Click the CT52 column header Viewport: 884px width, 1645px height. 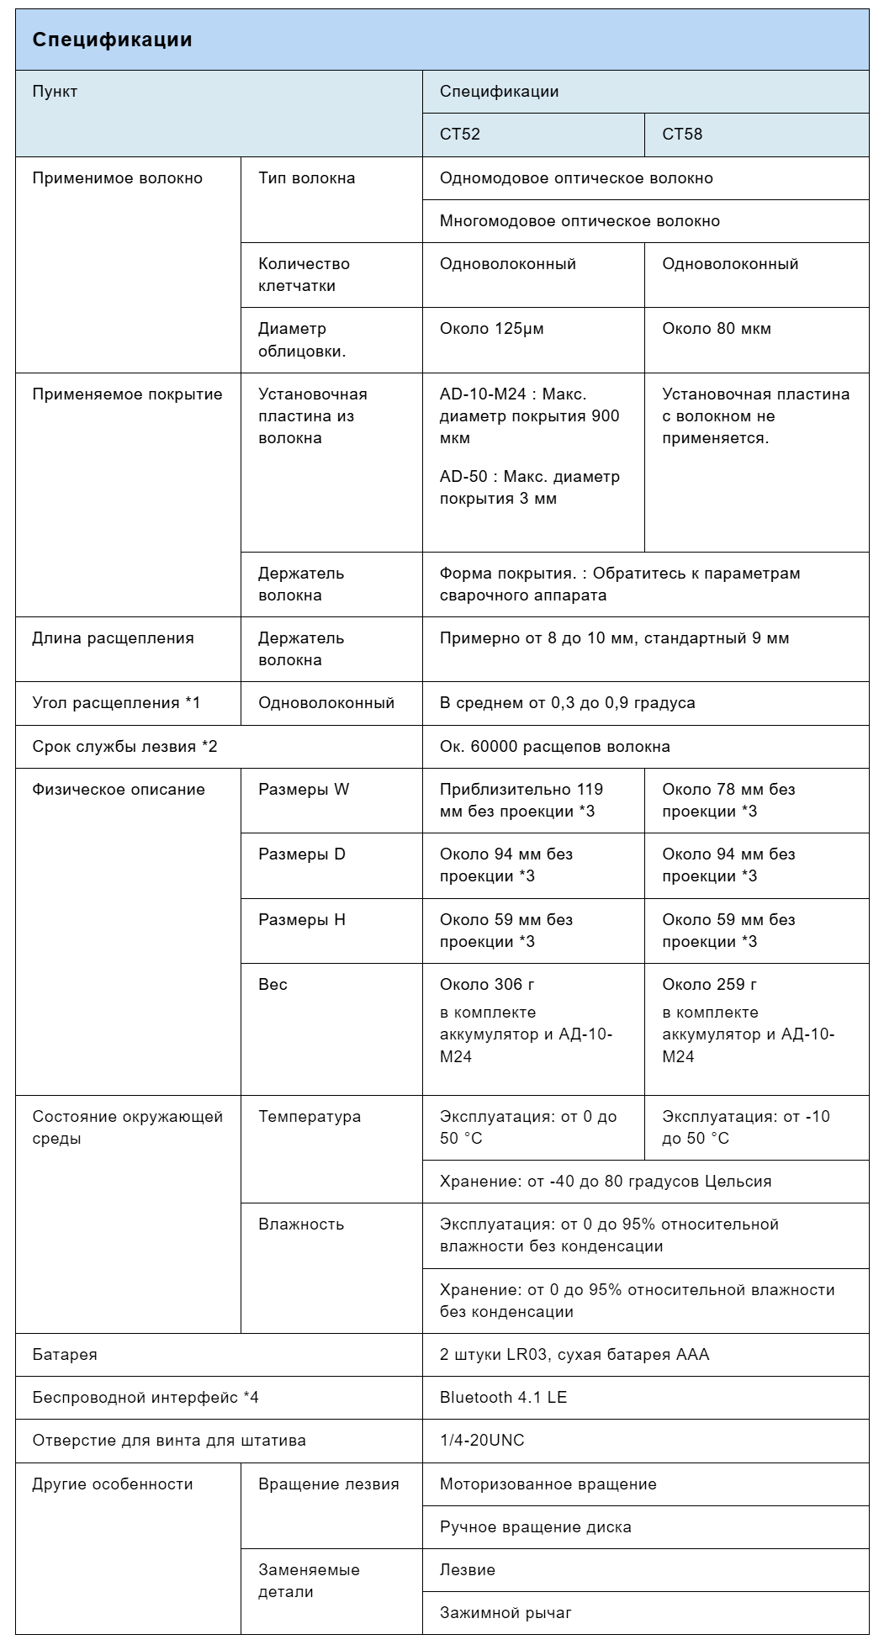(x=460, y=134)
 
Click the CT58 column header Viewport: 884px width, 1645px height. (x=682, y=134)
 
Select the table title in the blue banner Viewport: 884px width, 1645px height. (x=112, y=40)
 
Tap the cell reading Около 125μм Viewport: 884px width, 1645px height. (x=492, y=329)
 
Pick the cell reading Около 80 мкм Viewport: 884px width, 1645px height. (x=717, y=329)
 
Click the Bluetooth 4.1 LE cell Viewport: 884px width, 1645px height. (x=503, y=1398)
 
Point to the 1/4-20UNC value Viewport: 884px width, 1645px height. (x=482, y=1441)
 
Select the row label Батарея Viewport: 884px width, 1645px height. (x=65, y=1355)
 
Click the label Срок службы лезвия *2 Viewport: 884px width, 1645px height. (x=124, y=747)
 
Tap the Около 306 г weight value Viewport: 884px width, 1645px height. (x=487, y=985)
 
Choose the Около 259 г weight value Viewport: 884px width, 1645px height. (x=710, y=985)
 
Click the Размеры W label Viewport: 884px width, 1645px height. (x=304, y=790)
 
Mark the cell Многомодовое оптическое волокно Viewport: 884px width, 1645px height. (x=580, y=221)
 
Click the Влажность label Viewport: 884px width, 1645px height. (x=301, y=1224)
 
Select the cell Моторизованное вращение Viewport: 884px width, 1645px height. (x=548, y=1484)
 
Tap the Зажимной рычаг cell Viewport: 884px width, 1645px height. (x=506, y=1613)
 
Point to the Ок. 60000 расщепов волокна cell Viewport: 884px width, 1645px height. (x=555, y=747)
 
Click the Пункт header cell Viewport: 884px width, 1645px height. (x=55, y=92)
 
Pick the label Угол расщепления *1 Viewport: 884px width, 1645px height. (x=116, y=703)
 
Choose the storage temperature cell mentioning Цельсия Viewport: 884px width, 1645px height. (x=606, y=1182)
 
